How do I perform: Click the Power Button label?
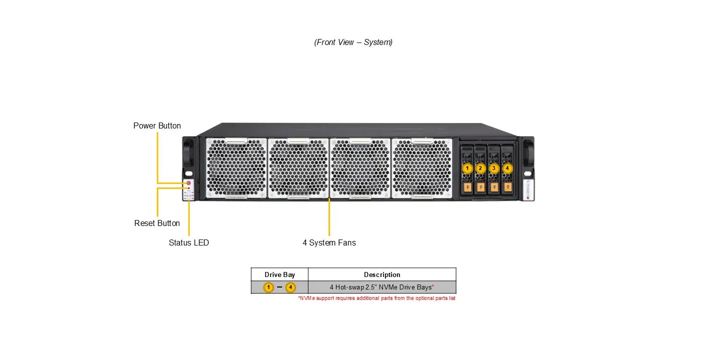tap(157, 125)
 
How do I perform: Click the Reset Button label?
tap(157, 223)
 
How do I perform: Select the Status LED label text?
tap(189, 242)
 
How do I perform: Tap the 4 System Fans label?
tap(329, 242)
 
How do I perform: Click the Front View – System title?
tap(353, 42)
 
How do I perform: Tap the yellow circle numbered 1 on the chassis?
tap(467, 168)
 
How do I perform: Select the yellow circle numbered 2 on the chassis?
tap(480, 168)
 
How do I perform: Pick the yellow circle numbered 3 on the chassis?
tap(494, 168)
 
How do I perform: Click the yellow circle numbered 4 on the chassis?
tap(507, 168)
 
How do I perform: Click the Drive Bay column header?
tap(280, 274)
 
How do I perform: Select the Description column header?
tap(382, 274)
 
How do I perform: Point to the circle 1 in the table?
tap(269, 287)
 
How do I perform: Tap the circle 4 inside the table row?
tap(291, 287)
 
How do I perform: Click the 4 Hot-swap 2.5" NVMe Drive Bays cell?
tap(381, 287)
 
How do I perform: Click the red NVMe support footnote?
tap(376, 298)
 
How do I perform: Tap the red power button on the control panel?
tap(188, 183)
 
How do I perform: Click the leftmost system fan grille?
tap(236, 168)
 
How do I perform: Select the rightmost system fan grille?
tap(422, 168)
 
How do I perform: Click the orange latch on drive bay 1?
tap(467, 187)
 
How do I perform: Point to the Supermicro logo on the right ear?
tap(528, 189)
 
